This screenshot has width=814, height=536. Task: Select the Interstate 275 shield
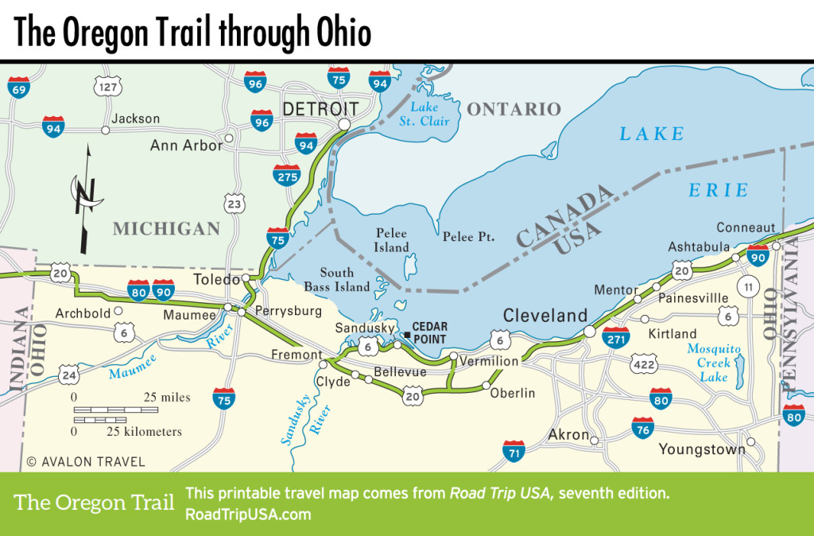click(x=286, y=176)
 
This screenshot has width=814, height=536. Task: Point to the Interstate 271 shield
click(x=616, y=338)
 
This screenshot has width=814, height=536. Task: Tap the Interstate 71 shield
click(x=514, y=451)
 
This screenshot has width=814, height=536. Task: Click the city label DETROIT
click(x=321, y=108)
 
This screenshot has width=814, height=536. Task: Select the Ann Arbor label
click(x=185, y=146)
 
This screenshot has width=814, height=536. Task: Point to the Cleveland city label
click(x=545, y=315)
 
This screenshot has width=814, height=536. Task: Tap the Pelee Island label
click(x=391, y=240)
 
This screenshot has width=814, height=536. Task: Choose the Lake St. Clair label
click(x=429, y=115)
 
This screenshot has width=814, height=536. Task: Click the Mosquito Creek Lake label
click(x=713, y=363)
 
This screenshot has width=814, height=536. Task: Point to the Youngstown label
click(x=702, y=449)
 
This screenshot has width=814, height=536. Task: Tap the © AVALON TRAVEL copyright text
click(x=75, y=461)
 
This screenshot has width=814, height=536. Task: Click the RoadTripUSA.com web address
click(x=247, y=514)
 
